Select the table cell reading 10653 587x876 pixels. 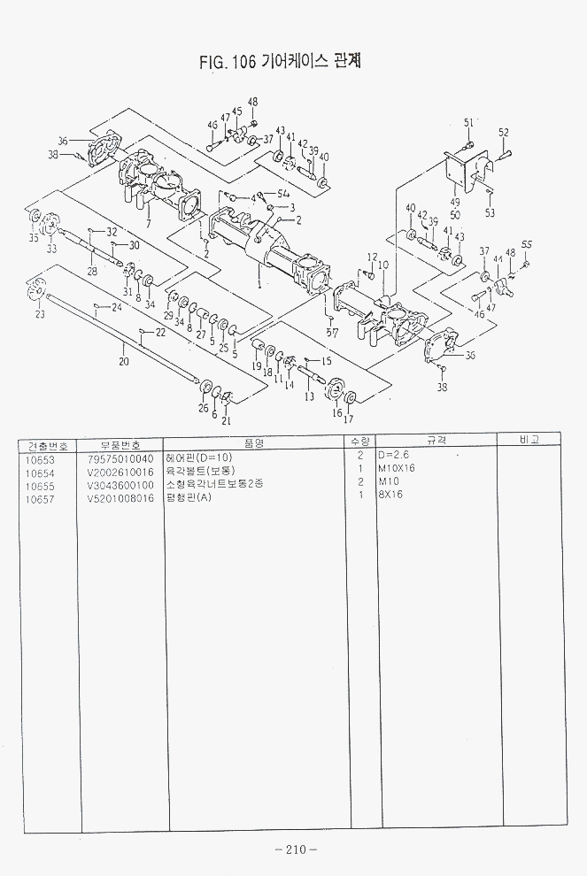[x=41, y=459]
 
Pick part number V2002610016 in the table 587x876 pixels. [x=120, y=472]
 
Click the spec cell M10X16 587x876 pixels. [x=398, y=472]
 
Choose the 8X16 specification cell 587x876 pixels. [x=391, y=495]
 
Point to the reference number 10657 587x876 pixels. [x=41, y=496]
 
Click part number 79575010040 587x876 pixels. [x=120, y=459]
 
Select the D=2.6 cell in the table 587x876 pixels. [x=394, y=459]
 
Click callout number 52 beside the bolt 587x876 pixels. [x=503, y=133]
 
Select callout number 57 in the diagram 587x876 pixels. [x=334, y=332]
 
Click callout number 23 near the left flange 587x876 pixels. [x=40, y=314]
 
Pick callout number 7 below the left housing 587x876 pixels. [x=148, y=225]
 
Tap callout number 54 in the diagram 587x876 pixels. [x=283, y=194]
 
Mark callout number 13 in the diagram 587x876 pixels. [x=309, y=396]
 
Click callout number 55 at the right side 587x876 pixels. [x=527, y=244]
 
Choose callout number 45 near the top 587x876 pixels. [x=236, y=111]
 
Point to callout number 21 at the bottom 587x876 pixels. [x=226, y=419]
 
